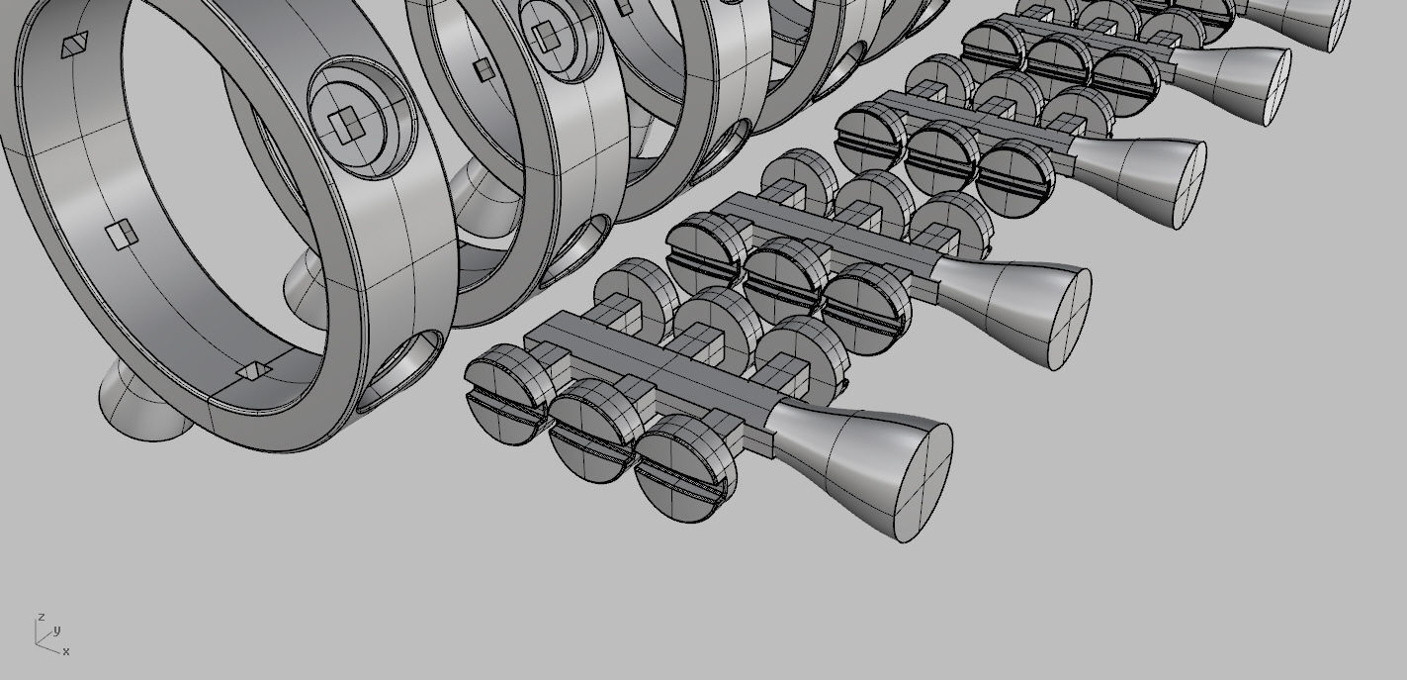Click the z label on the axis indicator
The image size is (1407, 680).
[41, 617]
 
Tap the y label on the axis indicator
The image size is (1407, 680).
[57, 630]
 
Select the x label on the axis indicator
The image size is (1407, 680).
[66, 651]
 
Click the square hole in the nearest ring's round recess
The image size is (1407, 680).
[346, 126]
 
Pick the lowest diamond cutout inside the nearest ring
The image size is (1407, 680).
[253, 370]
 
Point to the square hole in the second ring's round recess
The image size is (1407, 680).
[545, 38]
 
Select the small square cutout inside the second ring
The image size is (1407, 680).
[483, 68]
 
